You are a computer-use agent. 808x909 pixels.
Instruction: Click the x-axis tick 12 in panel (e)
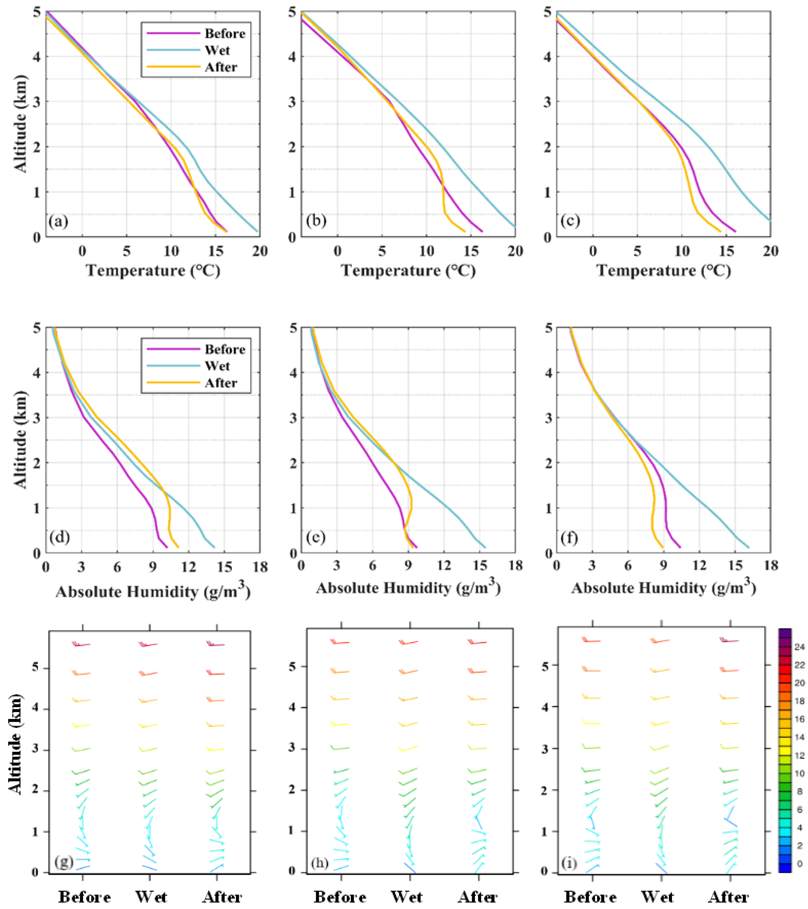point(443,566)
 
